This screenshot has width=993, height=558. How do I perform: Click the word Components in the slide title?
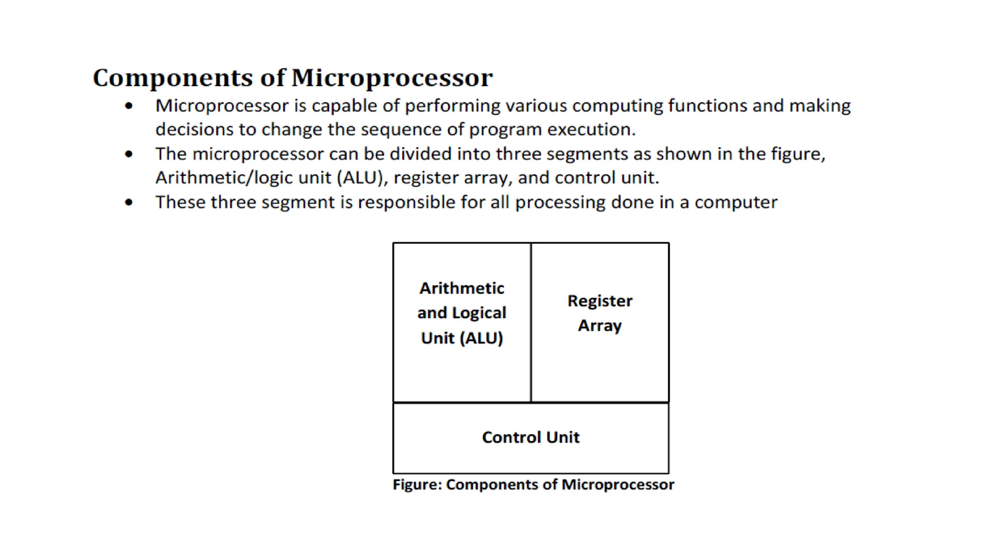click(172, 78)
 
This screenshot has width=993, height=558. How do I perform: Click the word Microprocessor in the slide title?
click(392, 78)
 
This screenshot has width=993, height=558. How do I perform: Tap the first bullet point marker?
click(128, 106)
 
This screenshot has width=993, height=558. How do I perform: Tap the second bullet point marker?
click(128, 155)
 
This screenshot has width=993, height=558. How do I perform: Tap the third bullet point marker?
click(128, 202)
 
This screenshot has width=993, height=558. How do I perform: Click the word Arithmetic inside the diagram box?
click(462, 288)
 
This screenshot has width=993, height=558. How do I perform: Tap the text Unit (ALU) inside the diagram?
click(462, 338)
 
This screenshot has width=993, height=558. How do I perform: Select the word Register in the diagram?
click(600, 301)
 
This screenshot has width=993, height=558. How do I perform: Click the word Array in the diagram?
click(600, 325)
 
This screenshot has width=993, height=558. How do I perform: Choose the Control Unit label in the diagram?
click(530, 437)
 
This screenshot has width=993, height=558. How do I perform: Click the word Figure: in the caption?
click(417, 484)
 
